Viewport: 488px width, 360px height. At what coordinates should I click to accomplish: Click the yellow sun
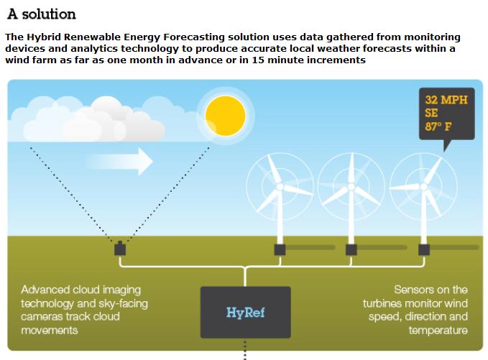[226, 116]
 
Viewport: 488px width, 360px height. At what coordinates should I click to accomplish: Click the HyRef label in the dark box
[246, 313]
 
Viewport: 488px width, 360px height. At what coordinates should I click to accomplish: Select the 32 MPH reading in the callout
[446, 100]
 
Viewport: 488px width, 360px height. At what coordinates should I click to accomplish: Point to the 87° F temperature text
[438, 126]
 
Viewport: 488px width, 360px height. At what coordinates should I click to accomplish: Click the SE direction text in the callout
[431, 113]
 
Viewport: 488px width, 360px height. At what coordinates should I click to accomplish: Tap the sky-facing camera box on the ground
[120, 249]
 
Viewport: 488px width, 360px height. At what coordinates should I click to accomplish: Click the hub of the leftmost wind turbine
[280, 187]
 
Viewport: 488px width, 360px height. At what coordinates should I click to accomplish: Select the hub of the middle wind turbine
[351, 187]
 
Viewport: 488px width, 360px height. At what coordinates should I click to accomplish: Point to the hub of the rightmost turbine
[424, 187]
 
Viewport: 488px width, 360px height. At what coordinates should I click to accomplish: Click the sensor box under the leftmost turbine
[280, 250]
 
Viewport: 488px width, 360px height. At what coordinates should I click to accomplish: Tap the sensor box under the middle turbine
[351, 250]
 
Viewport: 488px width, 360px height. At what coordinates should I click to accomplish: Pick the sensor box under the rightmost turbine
[424, 250]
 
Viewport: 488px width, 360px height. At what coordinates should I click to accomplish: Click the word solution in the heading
[49, 14]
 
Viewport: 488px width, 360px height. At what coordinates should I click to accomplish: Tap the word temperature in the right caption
[438, 330]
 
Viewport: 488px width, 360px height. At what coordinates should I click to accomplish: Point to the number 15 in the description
[258, 60]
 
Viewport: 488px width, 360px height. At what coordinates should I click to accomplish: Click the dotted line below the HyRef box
[245, 351]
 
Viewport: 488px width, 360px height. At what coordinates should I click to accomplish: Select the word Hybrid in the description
[44, 37]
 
